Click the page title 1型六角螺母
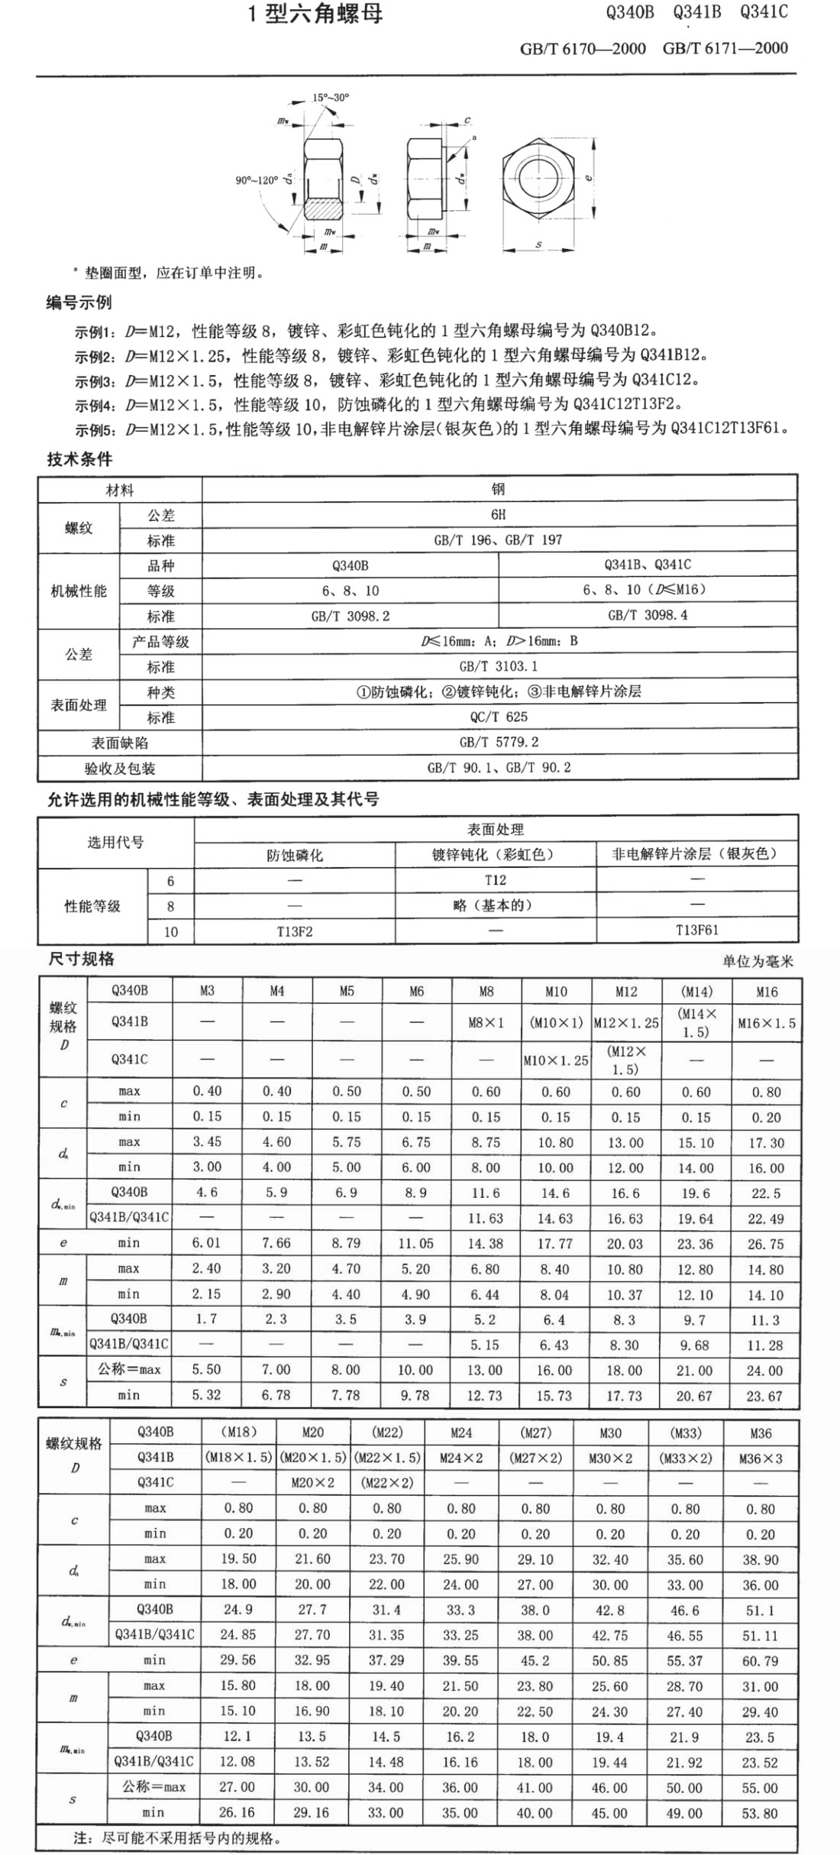[x=315, y=14]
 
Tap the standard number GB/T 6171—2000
[x=725, y=48]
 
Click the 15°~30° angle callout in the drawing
[x=331, y=97]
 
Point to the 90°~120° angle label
[x=257, y=180]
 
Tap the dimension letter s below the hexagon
[x=539, y=244]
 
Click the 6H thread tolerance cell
[x=499, y=514]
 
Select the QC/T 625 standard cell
[x=499, y=717]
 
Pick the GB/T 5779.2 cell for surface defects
[x=499, y=742]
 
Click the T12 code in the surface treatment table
[x=496, y=880]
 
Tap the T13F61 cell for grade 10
[x=696, y=931]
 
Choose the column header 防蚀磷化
[x=295, y=855]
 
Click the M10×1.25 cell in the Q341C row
[x=556, y=1060]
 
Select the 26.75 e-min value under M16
[x=766, y=1244]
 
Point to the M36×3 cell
[x=761, y=1458]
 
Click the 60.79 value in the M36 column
[x=761, y=1660]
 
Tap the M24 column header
[x=461, y=1433]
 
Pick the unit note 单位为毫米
[x=758, y=961]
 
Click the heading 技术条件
[x=79, y=459]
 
